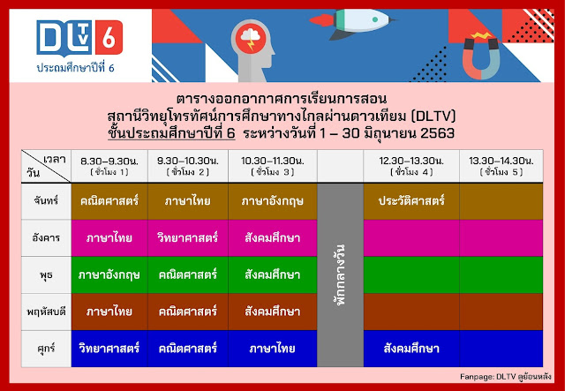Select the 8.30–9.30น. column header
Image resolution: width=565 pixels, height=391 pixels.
point(109,165)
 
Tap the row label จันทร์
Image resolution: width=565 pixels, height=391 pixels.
point(47,201)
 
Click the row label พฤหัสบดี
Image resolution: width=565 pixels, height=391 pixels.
point(47,311)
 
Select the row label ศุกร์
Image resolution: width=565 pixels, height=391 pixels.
point(47,348)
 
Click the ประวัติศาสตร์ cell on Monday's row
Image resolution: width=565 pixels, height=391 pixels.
point(410,201)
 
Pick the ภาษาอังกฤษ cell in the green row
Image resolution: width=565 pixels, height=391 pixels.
point(109,274)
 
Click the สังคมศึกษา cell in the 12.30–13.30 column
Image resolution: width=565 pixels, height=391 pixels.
point(410,348)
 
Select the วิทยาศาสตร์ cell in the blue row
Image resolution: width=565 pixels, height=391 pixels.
point(109,348)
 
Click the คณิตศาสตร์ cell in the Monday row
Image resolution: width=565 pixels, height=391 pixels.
point(109,201)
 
